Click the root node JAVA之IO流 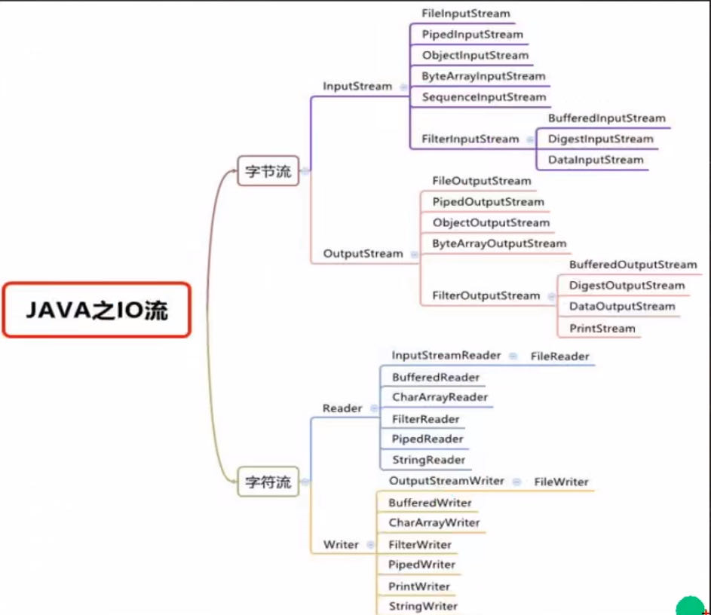96,309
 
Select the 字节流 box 268,171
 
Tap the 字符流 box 268,482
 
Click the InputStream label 357,86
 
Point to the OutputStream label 363,254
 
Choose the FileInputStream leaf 465,14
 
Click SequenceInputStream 483,97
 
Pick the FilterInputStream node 470,139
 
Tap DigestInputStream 600,139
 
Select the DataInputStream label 596,160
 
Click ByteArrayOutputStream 498,244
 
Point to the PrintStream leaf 602,329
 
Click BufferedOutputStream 633,265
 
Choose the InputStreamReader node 446,355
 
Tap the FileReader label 559,356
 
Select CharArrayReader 440,397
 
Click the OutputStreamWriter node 446,481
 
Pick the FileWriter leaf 561,482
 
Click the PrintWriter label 418,586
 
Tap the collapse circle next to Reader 374,408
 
